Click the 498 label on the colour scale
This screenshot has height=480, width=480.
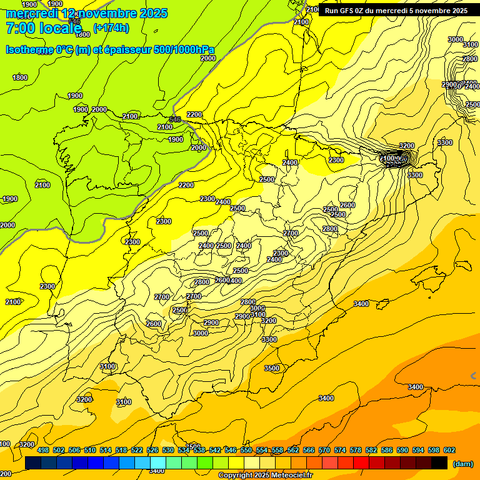tap(43, 450)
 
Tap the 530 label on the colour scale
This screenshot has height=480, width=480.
tap(168, 450)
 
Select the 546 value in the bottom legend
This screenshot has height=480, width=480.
tap(231, 450)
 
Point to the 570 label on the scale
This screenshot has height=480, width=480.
tap(324, 450)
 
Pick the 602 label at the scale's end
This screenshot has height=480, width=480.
tap(449, 450)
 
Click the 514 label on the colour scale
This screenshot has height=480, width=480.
tap(106, 450)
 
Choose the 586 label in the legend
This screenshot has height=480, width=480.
tap(387, 450)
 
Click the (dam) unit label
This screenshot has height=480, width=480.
tap(462, 464)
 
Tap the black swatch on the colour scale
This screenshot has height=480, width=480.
tap(439, 462)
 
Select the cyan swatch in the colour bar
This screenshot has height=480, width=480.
tap(158, 462)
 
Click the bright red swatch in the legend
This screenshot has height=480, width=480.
tap(361, 462)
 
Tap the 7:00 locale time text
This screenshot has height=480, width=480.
tap(44, 28)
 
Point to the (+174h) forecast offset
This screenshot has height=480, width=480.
tap(111, 28)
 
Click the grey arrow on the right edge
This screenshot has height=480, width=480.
tap(474, 376)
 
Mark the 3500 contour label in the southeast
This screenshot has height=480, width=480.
tap(272, 368)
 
